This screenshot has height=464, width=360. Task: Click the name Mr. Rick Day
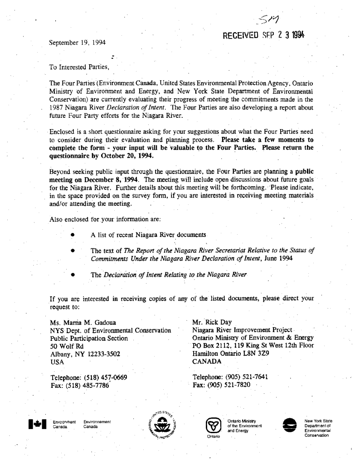point(212,323)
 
